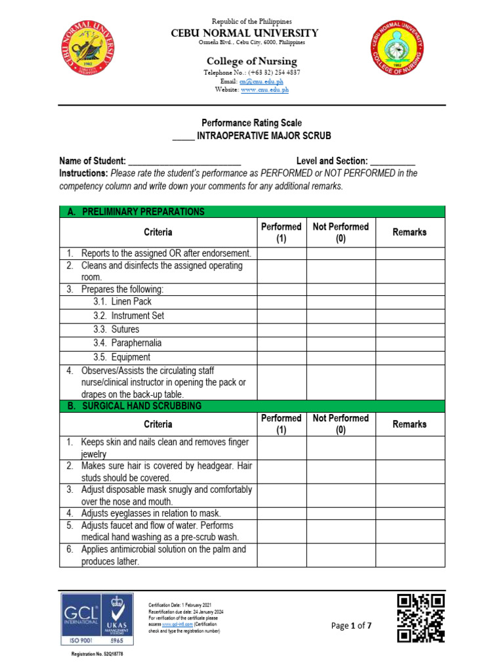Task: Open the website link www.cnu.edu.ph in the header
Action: coord(264,89)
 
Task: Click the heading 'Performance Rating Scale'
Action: coord(251,123)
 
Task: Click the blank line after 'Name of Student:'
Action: coord(184,161)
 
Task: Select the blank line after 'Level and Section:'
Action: coord(392,161)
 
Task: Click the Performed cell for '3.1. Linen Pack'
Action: coord(282,302)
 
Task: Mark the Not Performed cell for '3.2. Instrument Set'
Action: coord(341,316)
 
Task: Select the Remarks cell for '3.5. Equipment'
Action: coord(409,358)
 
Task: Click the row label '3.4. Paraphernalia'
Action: coord(127,343)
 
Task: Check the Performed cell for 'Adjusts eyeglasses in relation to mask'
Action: coord(282,513)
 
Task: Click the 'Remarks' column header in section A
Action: coord(409,232)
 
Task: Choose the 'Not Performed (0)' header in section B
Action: coord(341,424)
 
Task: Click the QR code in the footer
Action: coord(421,618)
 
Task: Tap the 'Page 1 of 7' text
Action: coord(351,625)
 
